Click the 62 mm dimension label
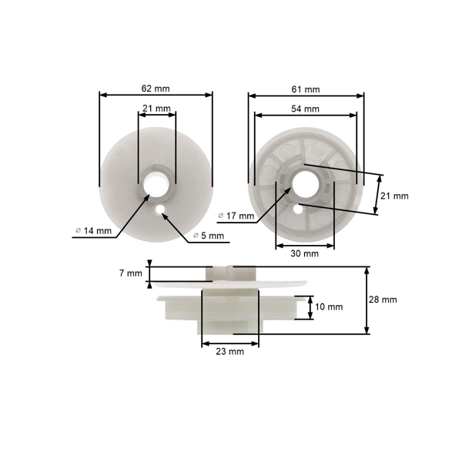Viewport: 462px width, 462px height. click(x=156, y=89)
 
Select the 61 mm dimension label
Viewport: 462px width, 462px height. click(x=306, y=89)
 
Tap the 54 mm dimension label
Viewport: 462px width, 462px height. click(x=305, y=109)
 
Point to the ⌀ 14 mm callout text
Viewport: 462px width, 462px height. click(x=94, y=231)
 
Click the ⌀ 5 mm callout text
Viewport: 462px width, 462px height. click(x=209, y=236)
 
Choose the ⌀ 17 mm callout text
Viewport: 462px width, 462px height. click(x=236, y=216)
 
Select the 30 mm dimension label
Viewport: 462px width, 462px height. click(x=304, y=253)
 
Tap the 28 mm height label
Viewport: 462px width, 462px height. click(x=383, y=300)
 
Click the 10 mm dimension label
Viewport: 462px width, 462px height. click(x=329, y=306)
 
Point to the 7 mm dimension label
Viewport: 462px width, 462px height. click(x=131, y=273)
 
